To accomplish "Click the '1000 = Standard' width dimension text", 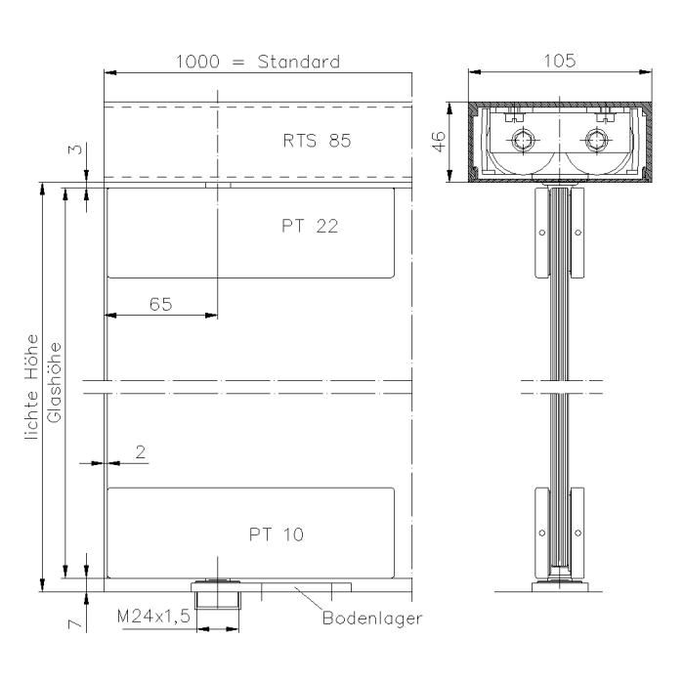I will [x=257, y=62].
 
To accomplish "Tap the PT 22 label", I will [x=302, y=226].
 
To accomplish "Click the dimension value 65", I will [x=162, y=304].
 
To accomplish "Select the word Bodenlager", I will [x=372, y=619].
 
